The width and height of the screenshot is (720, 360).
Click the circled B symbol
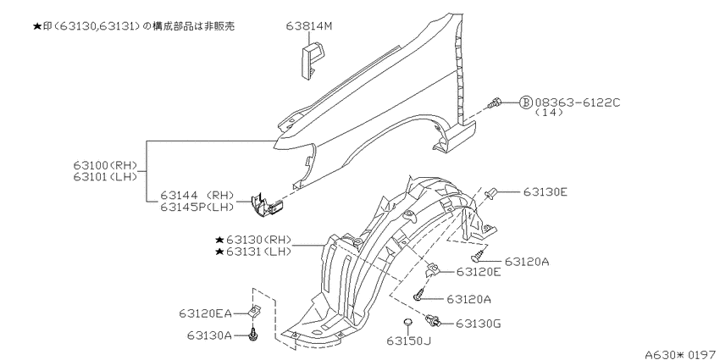[525, 102]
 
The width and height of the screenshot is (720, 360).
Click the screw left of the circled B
[496, 103]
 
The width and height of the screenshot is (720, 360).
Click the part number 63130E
[545, 192]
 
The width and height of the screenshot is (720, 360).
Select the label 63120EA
[205, 313]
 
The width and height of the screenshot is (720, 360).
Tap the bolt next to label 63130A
[254, 336]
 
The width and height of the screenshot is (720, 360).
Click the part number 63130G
[479, 323]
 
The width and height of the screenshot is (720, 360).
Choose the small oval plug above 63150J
[407, 323]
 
